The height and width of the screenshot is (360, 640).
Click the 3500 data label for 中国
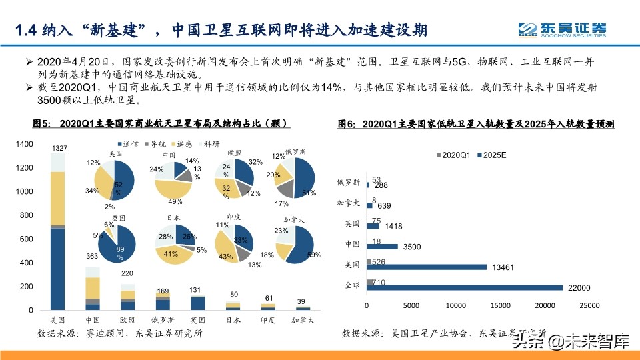click(411, 247)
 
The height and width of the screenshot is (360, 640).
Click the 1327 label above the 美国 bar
click(59, 147)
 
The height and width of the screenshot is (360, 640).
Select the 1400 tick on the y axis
click(24, 144)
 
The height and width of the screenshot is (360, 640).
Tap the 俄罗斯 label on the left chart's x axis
click(162, 319)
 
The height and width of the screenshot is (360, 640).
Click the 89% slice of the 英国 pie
click(121, 250)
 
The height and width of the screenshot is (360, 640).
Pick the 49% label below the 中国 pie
click(175, 201)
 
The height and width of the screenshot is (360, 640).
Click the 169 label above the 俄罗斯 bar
click(162, 291)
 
